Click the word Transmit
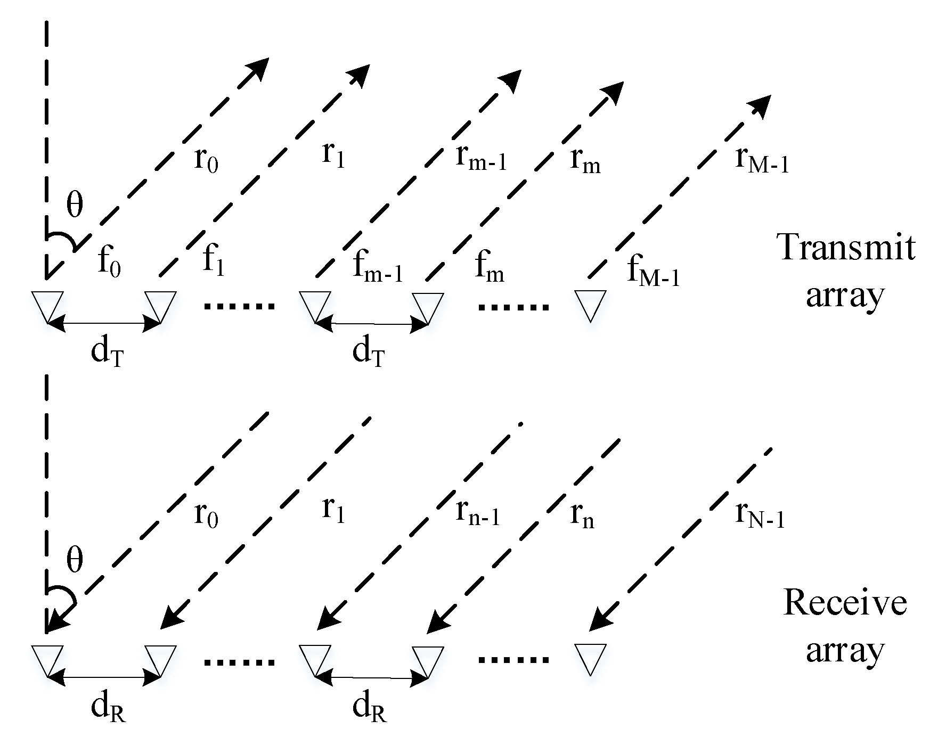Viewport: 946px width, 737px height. tap(846, 247)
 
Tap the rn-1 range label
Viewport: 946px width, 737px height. tap(478, 512)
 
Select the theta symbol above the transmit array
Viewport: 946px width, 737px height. tap(75, 206)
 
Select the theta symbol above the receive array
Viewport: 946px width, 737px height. tap(75, 560)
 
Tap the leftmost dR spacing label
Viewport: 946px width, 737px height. tap(108, 707)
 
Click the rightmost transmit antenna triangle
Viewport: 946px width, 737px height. tap(590, 304)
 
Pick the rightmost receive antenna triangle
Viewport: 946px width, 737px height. tap(590, 659)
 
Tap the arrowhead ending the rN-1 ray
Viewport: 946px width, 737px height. tap(599, 620)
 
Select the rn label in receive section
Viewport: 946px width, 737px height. tap(582, 514)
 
